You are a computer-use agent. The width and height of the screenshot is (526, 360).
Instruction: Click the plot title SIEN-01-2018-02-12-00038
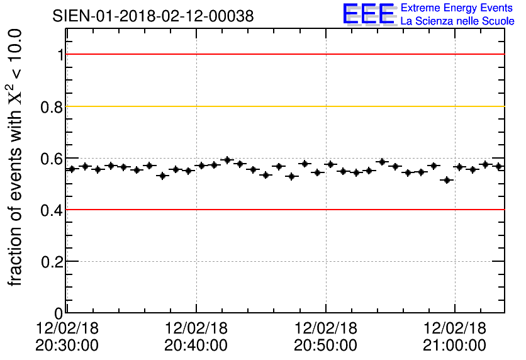point(154,16)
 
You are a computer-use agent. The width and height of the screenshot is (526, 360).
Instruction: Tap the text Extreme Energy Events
point(457,8)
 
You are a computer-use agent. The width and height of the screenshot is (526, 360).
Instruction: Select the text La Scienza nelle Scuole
point(457,21)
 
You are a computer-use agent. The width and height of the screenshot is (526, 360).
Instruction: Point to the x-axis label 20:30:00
point(67,345)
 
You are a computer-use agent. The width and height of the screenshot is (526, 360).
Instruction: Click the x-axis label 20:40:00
point(196,345)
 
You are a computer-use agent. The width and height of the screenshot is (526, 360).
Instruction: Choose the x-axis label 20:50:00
point(325,345)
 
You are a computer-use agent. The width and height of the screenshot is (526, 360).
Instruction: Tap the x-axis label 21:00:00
point(454,345)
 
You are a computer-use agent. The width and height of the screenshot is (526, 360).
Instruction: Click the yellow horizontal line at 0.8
point(283,106)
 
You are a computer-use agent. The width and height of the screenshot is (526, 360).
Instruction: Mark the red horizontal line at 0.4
point(283,210)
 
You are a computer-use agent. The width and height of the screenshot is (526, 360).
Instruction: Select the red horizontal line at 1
point(283,55)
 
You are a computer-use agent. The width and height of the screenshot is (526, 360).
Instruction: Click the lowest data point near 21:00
point(447,180)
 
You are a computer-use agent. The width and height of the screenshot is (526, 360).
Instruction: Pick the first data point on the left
point(72,169)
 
